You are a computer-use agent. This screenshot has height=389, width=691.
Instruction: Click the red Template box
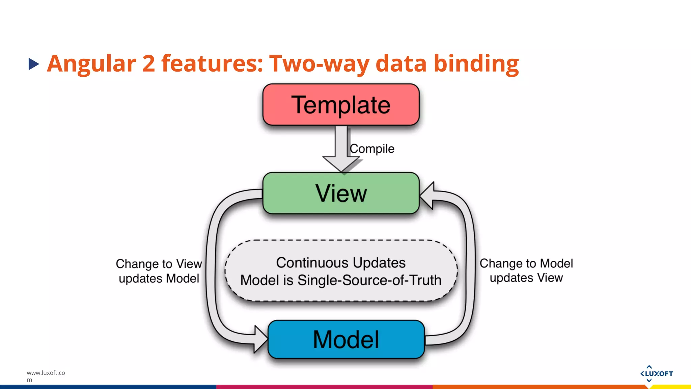(341, 105)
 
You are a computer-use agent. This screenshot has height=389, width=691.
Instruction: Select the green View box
(341, 193)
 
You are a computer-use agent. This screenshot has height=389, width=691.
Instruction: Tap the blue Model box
(346, 339)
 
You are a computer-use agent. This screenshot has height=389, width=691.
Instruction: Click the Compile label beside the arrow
(372, 149)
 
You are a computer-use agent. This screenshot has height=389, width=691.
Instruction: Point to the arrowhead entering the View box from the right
(427, 196)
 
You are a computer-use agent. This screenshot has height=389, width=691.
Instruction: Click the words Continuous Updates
(341, 263)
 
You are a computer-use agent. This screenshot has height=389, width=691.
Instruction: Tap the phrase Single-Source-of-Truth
(369, 280)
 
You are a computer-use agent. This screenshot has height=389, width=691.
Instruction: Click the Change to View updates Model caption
(159, 271)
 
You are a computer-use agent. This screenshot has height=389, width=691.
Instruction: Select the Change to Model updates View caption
(526, 270)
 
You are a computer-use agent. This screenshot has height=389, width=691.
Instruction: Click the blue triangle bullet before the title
(33, 64)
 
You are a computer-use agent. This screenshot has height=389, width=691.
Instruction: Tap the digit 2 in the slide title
(148, 63)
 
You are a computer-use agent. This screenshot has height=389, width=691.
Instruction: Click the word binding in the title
(476, 64)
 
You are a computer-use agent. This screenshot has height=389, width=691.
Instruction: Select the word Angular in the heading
(91, 64)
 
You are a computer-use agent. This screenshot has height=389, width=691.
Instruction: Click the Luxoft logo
(656, 373)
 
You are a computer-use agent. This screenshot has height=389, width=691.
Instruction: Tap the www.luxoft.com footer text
(46, 375)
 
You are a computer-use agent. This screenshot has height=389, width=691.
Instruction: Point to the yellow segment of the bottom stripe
(671, 387)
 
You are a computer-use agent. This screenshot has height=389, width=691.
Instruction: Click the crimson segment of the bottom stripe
(324, 387)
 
